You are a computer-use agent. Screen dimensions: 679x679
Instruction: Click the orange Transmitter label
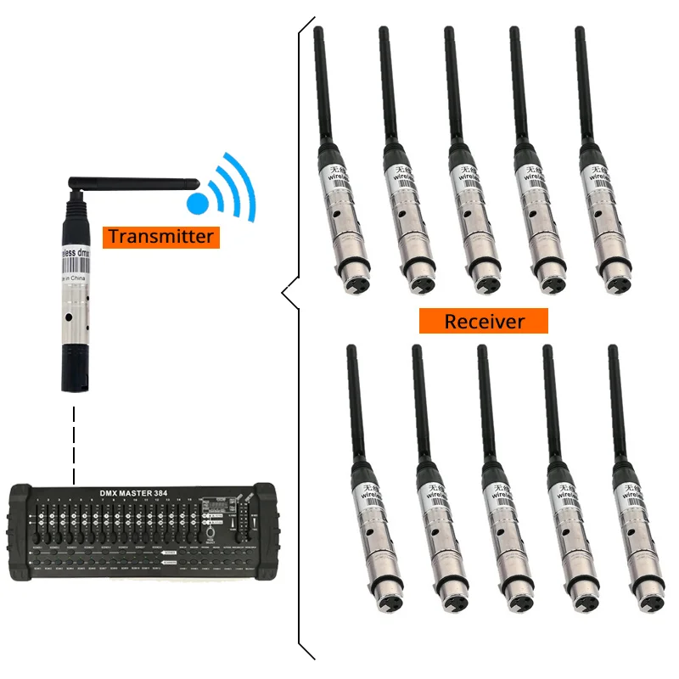[161, 236]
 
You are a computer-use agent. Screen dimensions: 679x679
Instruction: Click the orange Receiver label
[484, 321]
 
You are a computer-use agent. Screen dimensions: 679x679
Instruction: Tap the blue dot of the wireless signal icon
[197, 203]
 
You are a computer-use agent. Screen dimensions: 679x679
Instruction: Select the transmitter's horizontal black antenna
[136, 181]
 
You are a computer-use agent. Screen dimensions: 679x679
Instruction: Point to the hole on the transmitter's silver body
[69, 320]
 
